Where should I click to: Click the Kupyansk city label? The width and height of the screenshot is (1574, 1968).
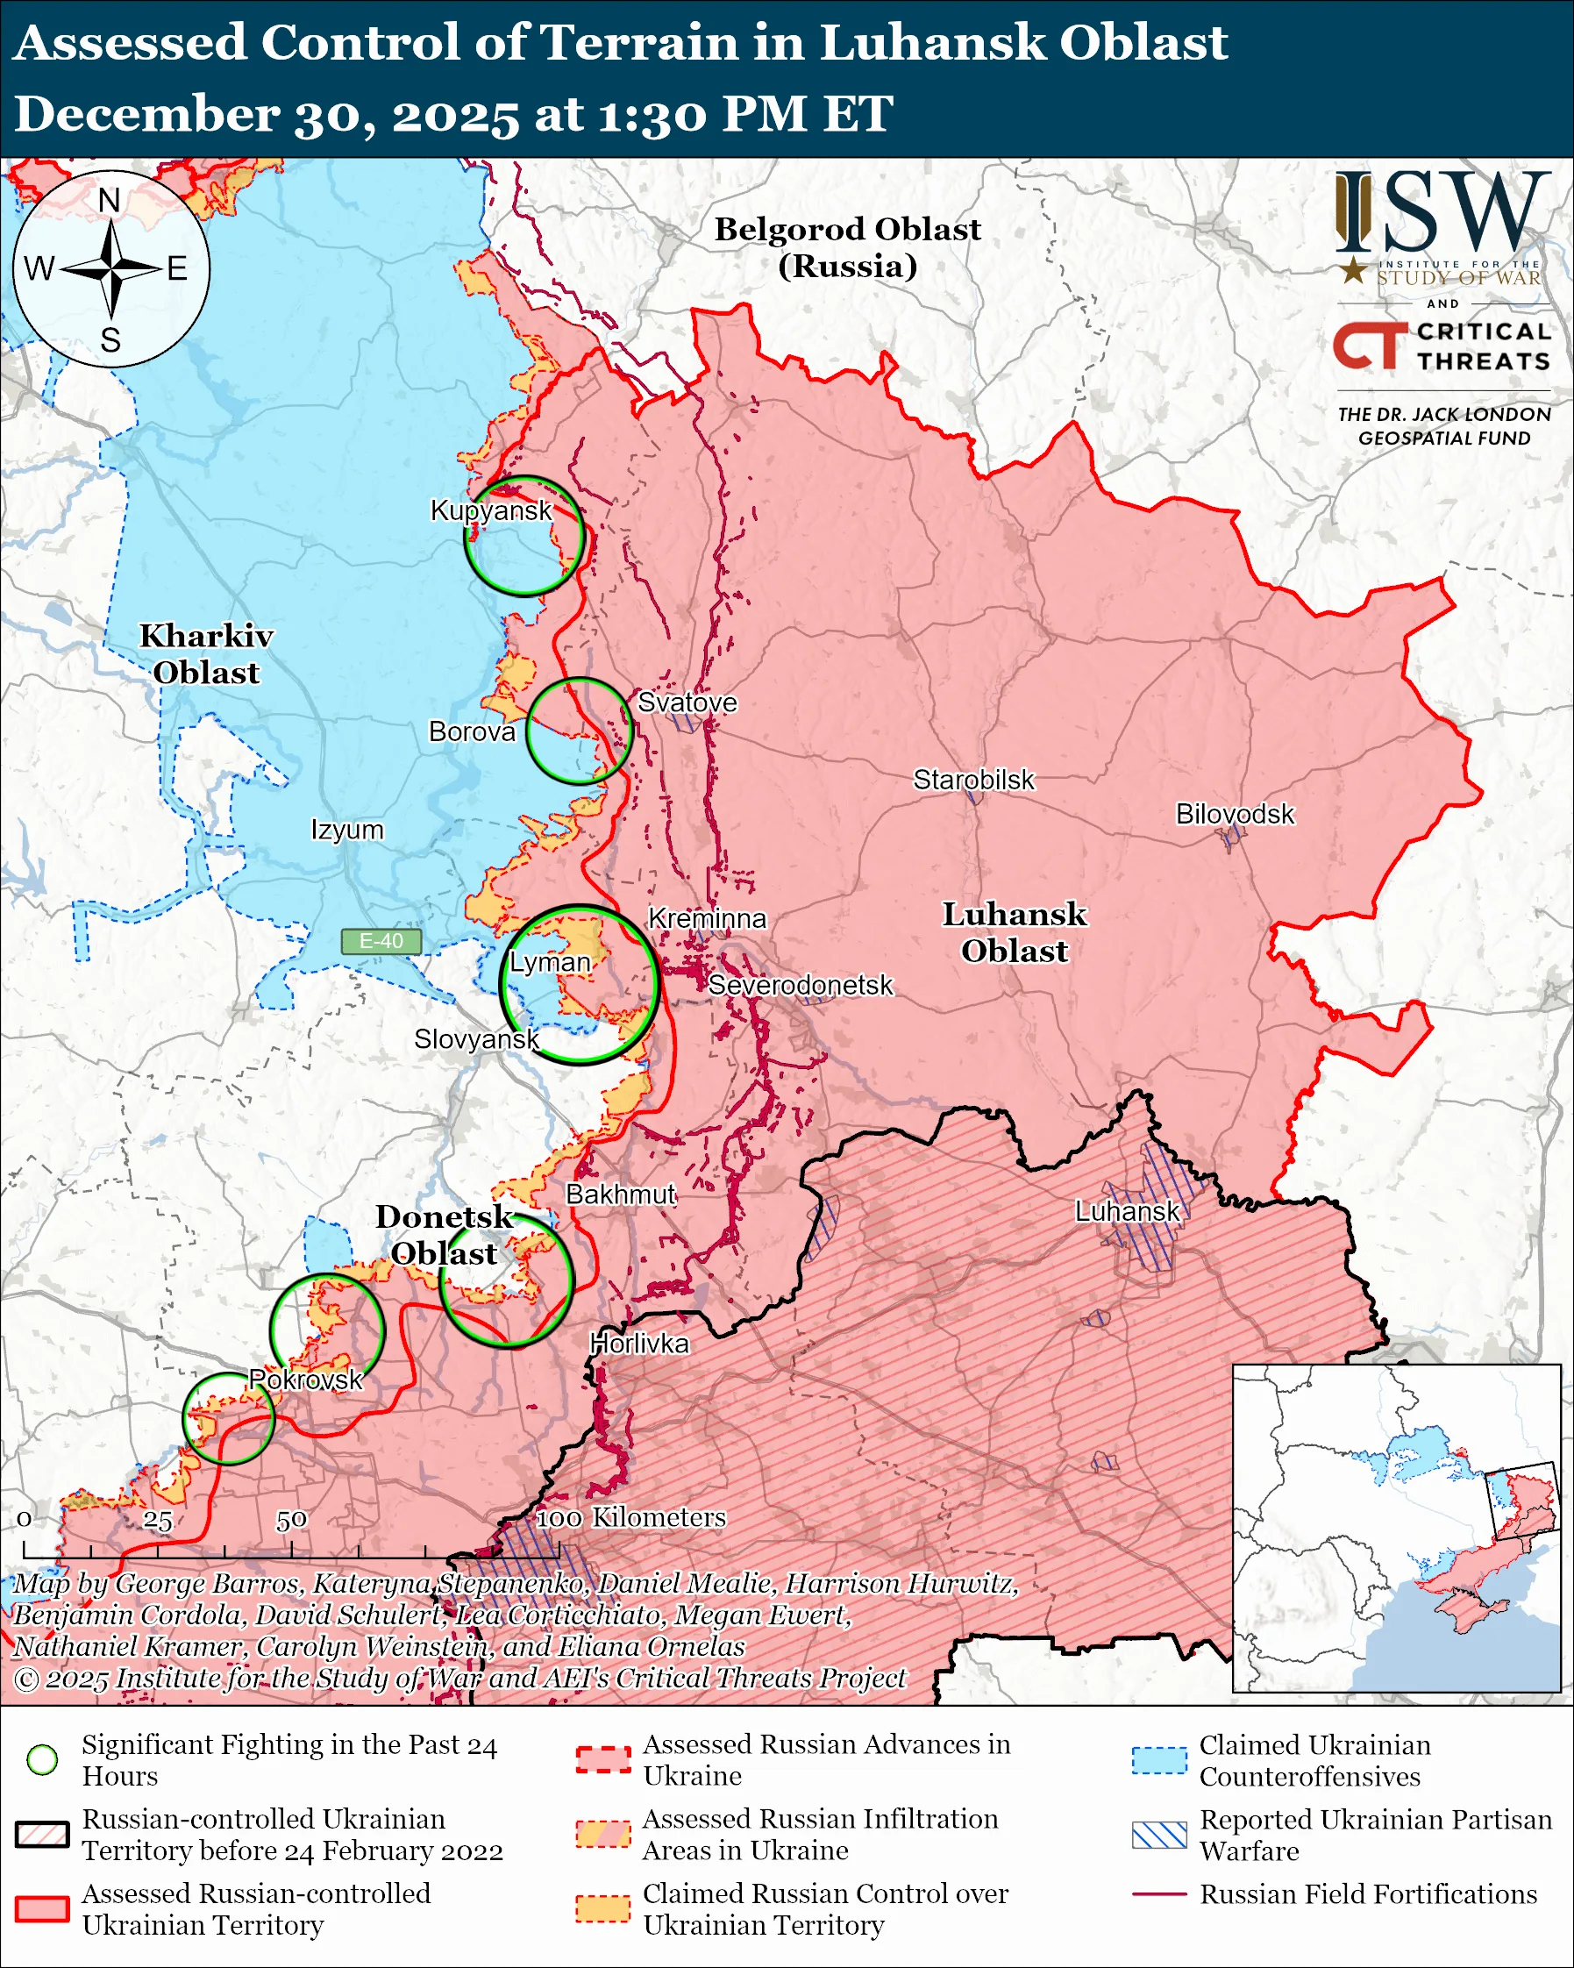(x=491, y=510)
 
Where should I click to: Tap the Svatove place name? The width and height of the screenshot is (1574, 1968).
(x=687, y=702)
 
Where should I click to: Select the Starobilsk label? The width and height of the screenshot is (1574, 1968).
(x=973, y=780)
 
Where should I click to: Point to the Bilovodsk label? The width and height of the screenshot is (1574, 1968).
(x=1234, y=813)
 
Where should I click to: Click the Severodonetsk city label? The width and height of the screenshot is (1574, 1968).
(x=801, y=985)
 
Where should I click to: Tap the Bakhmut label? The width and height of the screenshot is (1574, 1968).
(x=621, y=1194)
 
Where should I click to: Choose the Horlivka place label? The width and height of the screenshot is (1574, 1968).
(x=638, y=1343)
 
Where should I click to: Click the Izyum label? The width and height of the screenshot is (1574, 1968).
(x=346, y=830)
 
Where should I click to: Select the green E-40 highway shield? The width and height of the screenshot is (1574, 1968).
(x=381, y=941)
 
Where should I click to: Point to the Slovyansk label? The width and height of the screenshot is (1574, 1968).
(x=476, y=1038)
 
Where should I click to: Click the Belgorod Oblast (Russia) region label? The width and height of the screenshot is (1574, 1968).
(x=847, y=246)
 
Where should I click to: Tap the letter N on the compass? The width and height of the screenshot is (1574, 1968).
(x=110, y=200)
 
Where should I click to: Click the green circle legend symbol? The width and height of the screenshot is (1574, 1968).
(x=42, y=1760)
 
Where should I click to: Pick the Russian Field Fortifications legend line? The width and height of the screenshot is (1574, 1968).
(x=1159, y=1894)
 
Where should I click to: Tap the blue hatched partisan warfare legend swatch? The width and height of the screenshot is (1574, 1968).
(x=1159, y=1836)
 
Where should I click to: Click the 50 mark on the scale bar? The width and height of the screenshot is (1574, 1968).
(x=291, y=1522)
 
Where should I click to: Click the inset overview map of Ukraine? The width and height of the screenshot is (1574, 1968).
(x=1396, y=1529)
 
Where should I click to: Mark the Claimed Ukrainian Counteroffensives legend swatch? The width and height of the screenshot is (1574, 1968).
(x=1159, y=1761)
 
